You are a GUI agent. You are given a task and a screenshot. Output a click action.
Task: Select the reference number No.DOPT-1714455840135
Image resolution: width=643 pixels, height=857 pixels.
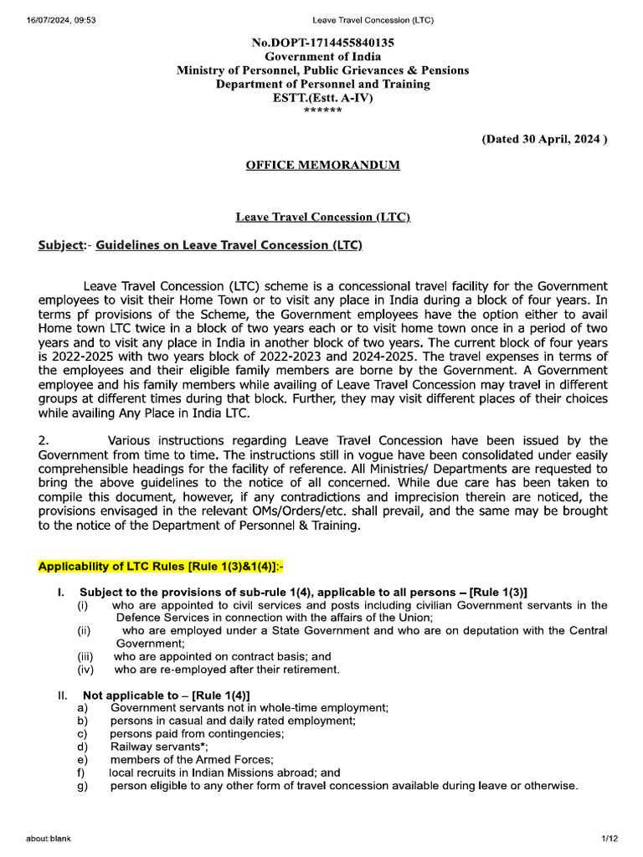[323, 42]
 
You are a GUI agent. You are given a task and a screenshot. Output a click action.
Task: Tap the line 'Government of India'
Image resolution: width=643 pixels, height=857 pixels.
[322, 56]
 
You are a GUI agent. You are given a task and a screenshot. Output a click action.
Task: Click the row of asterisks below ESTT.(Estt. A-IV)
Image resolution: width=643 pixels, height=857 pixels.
[322, 110]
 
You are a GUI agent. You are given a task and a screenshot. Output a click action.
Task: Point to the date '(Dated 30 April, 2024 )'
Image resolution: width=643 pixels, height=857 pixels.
[543, 140]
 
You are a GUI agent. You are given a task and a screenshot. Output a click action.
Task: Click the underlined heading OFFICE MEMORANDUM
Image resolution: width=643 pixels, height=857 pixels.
[322, 165]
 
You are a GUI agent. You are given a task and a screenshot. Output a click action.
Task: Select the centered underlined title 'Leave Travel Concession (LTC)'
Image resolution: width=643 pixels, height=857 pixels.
[322, 217]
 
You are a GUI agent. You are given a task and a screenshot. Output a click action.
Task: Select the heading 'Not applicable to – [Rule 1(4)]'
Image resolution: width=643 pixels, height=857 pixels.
[166, 695]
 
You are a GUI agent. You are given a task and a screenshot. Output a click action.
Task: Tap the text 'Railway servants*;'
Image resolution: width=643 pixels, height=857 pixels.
[159, 747]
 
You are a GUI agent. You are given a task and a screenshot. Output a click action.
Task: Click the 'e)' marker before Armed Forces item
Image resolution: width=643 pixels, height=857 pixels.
[82, 760]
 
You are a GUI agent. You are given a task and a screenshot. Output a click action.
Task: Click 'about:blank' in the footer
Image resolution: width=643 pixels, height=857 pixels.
[48, 839]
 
